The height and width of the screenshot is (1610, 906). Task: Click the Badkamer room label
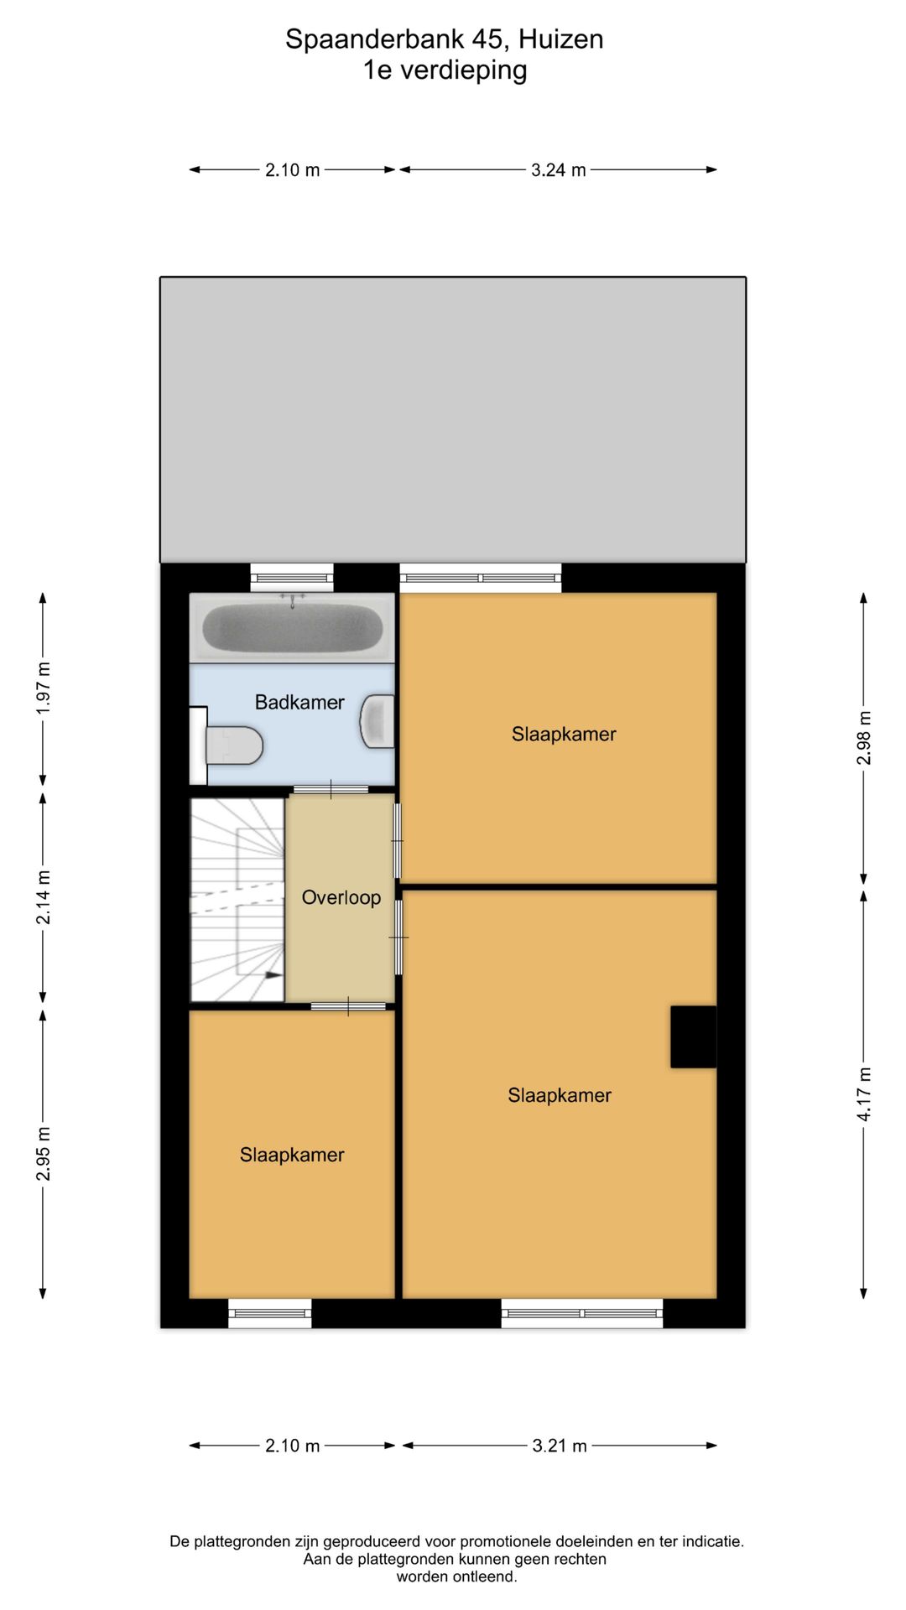point(299,703)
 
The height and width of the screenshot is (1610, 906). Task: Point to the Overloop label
point(341,898)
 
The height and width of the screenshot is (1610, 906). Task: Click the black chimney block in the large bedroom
point(693,1036)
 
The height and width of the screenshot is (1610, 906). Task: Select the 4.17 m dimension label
point(864,1094)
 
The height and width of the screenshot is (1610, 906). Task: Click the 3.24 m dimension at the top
point(558,170)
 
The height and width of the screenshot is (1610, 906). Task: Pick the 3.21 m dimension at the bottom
point(560,1446)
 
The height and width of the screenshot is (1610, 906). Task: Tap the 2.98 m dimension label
point(864,738)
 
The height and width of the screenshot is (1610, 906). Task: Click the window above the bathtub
point(292,577)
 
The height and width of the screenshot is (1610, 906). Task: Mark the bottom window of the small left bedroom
point(270,1313)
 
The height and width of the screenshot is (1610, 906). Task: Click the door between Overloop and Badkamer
point(331,789)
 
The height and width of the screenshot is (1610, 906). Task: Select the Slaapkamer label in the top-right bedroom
point(564,735)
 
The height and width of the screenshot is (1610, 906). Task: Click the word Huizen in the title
point(560,39)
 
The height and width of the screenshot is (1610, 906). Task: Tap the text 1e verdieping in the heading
point(445,70)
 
